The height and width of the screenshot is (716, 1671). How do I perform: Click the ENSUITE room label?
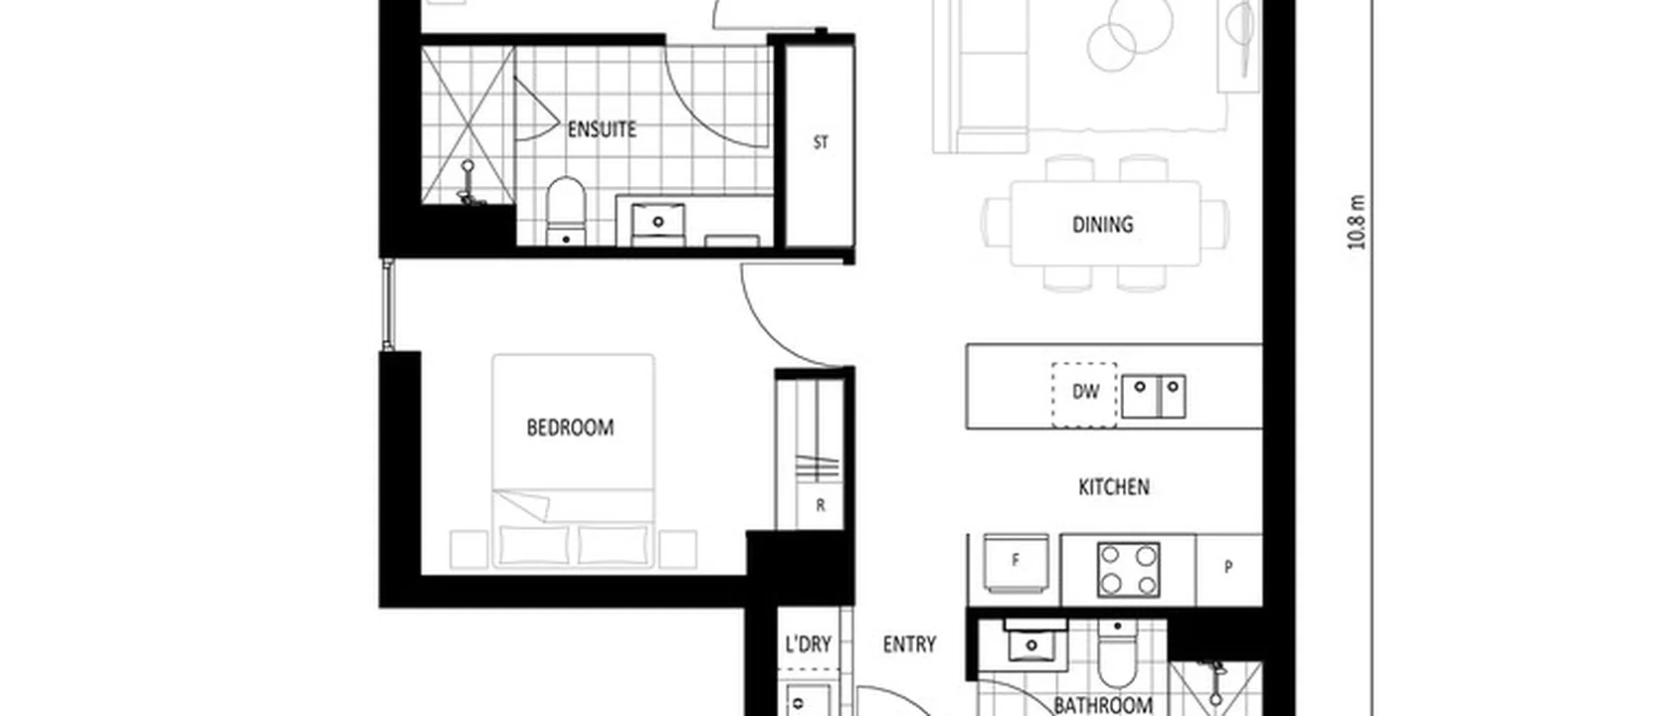602,129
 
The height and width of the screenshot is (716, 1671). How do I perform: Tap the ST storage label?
821,142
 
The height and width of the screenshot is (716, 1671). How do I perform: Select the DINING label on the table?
1102,225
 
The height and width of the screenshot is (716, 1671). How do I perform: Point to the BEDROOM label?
570,428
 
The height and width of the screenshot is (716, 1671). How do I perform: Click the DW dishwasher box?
1084,393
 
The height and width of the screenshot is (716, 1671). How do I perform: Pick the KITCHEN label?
1114,486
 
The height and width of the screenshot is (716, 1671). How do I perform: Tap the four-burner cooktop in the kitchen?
1128,569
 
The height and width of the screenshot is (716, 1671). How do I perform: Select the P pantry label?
1228,567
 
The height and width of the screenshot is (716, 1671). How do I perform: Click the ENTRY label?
909,644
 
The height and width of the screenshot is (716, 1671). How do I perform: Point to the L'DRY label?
808,644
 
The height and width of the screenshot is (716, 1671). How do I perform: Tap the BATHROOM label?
1102,705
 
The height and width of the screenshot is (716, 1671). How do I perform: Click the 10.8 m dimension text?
1359,223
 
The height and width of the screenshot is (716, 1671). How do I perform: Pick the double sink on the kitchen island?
1154,395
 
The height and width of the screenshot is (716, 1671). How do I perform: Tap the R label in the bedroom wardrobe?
821,505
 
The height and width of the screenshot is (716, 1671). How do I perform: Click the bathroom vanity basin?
1030,643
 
